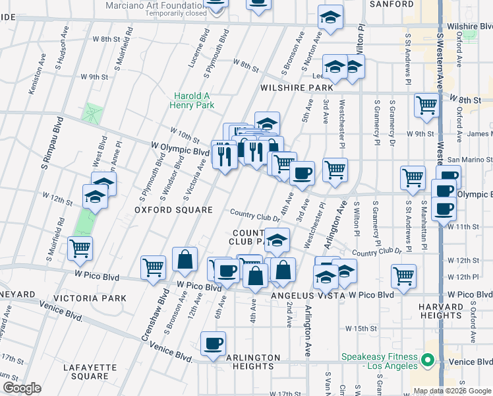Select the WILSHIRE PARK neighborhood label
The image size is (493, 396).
click(x=297, y=87)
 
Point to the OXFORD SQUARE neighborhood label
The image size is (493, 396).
click(x=164, y=210)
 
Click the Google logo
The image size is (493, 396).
click(x=22, y=388)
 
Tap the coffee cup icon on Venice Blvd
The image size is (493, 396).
click(x=213, y=344)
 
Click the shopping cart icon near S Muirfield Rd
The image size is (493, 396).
click(x=80, y=249)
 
